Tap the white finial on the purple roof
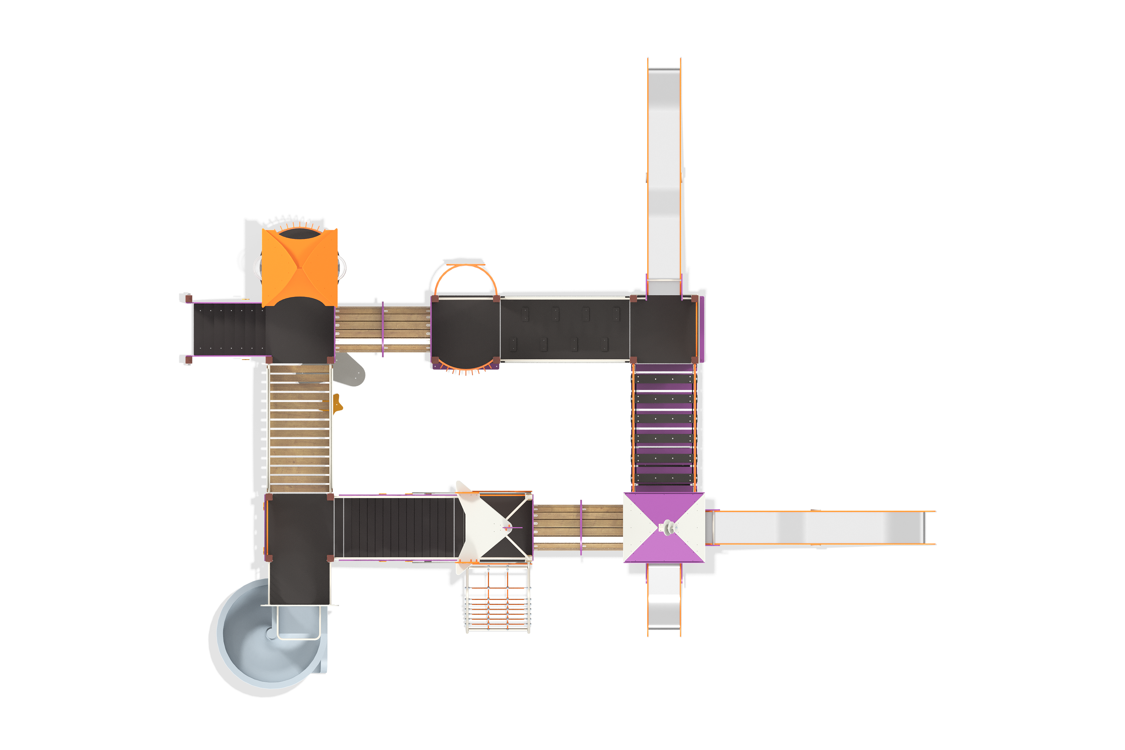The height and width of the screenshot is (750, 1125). pos(668,528)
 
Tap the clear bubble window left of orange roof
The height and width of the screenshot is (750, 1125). pos(257,267)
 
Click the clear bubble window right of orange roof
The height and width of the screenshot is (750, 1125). pos(342,267)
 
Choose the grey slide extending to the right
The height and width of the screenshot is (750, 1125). pos(820,527)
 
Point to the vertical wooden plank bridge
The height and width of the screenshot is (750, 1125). pos(299,428)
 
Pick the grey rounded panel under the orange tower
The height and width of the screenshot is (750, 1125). pos(350,371)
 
